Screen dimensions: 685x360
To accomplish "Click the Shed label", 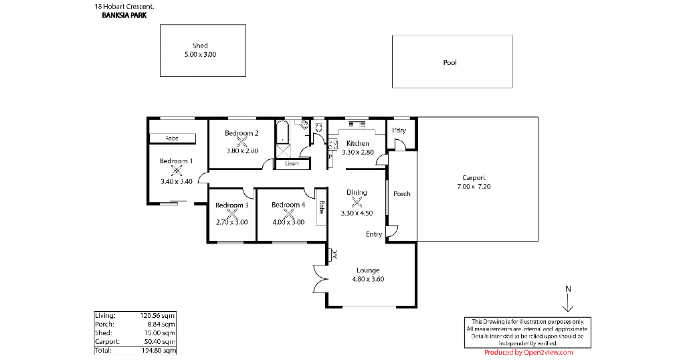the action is [200, 46].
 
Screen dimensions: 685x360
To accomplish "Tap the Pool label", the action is [450, 62].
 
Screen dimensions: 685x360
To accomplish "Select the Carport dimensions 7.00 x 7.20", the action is [474, 186].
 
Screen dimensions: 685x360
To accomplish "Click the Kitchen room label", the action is [358, 143].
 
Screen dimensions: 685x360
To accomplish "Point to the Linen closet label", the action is [292, 164].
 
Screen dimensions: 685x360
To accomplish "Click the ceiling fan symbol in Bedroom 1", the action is [176, 171].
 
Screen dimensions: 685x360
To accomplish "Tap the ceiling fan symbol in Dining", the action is [357, 202].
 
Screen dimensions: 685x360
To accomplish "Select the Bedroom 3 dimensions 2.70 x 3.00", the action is [232, 222].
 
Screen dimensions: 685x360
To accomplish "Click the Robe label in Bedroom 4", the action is [322, 207].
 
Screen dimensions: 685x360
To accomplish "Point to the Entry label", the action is [374, 234].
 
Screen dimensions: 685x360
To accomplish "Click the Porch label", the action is [402, 193].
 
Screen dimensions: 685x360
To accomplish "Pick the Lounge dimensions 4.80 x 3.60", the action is [368, 279].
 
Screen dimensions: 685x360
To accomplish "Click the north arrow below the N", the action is [567, 302].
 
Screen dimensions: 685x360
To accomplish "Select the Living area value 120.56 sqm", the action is [158, 315].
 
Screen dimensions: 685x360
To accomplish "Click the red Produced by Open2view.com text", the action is [528, 353].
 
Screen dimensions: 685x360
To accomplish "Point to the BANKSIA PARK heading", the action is [124, 15].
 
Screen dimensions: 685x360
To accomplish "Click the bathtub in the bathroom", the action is [282, 132].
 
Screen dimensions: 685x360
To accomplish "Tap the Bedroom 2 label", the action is [241, 133].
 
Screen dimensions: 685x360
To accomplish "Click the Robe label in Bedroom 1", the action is [172, 138].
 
